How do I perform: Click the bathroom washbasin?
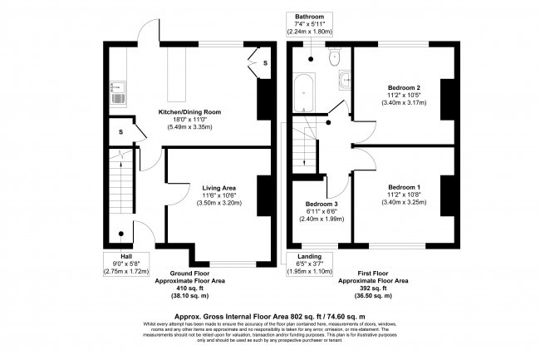(x=345, y=81)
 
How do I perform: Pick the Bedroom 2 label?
(x=404, y=87)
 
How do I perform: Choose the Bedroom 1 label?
(x=404, y=188)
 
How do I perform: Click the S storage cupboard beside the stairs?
(x=120, y=131)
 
